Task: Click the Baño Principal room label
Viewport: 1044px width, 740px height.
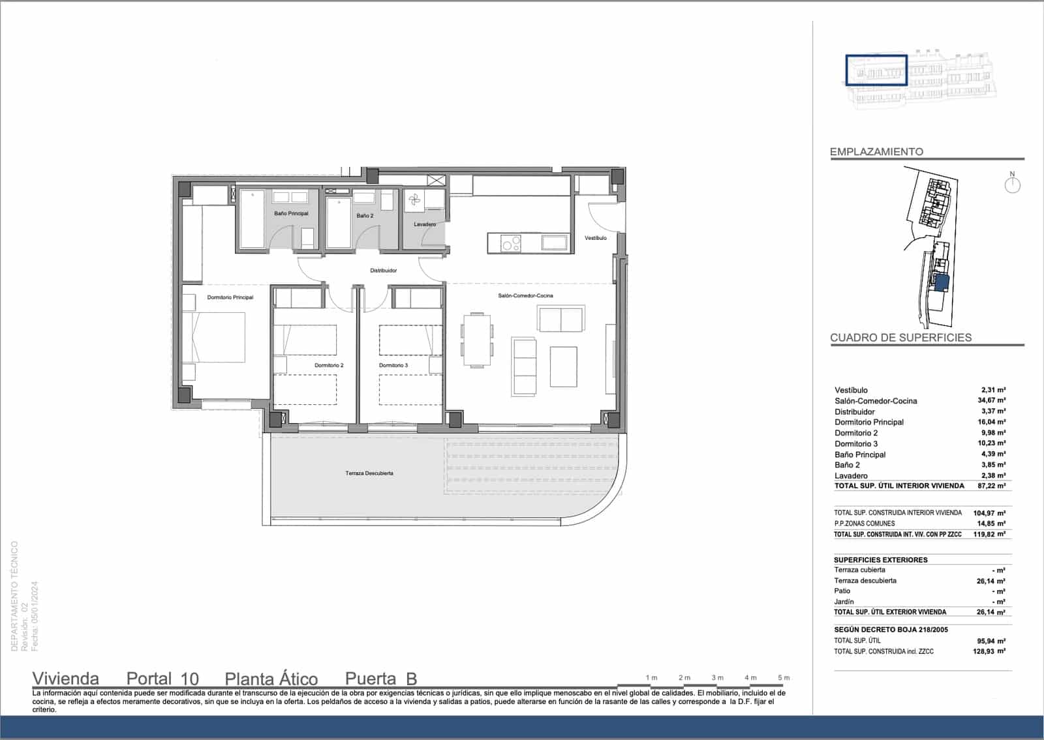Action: pos(291,213)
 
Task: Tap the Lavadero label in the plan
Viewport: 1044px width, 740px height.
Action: pos(425,224)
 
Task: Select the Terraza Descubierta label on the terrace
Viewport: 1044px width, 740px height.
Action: pos(369,473)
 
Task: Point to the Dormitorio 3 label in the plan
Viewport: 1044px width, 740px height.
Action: pos(393,365)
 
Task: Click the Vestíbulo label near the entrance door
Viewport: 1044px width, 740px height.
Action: pos(596,238)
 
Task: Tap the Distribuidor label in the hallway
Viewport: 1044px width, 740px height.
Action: pos(383,271)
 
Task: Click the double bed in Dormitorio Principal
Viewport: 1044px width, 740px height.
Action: pos(215,337)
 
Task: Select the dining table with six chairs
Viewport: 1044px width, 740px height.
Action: pos(478,340)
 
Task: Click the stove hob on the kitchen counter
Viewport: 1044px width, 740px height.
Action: pos(511,244)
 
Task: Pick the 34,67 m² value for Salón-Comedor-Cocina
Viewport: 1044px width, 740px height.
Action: pos(991,401)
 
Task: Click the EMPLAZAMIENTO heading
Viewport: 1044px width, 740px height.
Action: pos(876,152)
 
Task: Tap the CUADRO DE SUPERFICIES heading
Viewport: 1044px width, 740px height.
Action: pos(900,338)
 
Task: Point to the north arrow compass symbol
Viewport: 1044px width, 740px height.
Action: pos(1012,185)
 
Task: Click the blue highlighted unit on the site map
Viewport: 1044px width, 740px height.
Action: pos(941,283)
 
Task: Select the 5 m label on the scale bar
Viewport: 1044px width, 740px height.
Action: pos(784,677)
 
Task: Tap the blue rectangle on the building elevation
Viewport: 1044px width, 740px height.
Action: pos(876,70)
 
